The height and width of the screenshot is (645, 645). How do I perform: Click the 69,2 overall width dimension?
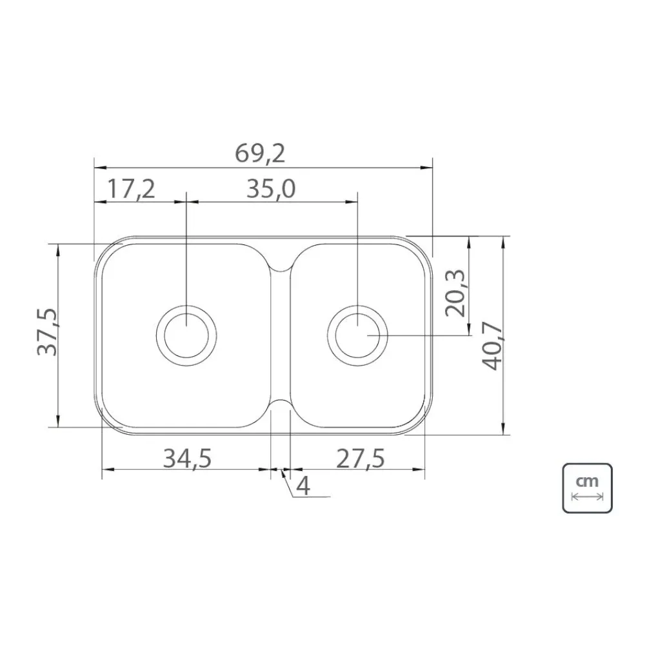[x=260, y=154]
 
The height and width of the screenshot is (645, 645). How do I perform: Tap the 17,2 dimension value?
[x=131, y=189]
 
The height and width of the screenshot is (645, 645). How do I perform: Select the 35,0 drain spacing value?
[x=271, y=189]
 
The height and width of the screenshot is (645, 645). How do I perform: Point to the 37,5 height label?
[x=48, y=332]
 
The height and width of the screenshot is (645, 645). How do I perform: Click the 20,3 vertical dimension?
[x=455, y=293]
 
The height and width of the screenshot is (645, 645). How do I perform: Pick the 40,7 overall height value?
[x=492, y=346]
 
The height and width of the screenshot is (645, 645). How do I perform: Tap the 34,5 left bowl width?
[x=187, y=459]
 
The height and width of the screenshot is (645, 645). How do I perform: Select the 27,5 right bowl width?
[x=361, y=459]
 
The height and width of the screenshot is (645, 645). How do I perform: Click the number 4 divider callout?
[x=303, y=486]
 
